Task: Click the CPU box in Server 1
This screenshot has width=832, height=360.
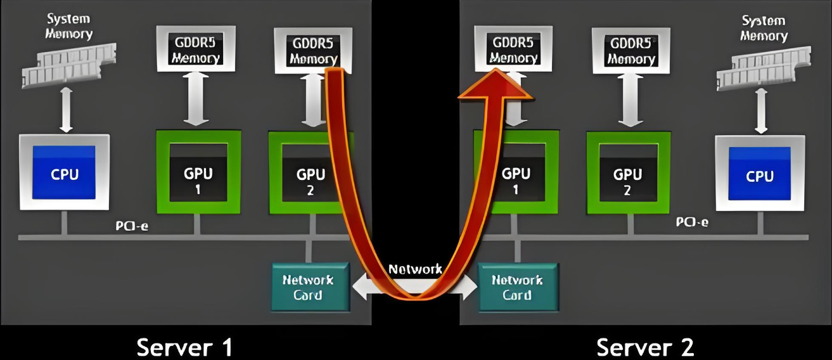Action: tap(64, 172)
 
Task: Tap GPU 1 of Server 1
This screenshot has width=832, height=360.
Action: tap(198, 172)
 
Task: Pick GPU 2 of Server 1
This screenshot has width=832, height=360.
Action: tap(310, 172)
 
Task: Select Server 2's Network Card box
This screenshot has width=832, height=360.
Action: tap(516, 287)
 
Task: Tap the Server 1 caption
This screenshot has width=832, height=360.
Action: tap(184, 347)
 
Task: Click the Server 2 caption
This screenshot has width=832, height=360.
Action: tap(645, 347)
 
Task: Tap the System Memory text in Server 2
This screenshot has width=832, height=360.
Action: tap(763, 28)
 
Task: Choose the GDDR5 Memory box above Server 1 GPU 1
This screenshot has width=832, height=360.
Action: tap(196, 49)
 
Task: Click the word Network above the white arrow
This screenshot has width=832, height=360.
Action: tap(415, 269)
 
